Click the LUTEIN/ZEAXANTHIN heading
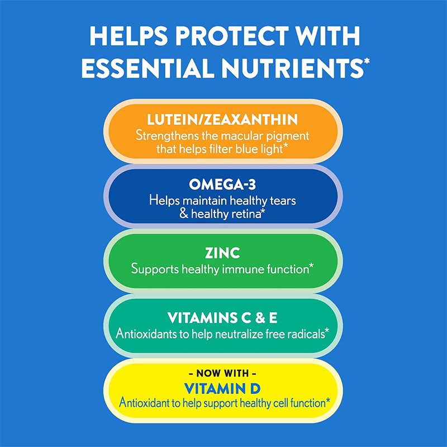point(223,120)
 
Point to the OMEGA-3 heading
point(223,185)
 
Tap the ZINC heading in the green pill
point(223,253)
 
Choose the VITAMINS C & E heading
point(223,318)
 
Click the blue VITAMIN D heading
point(223,387)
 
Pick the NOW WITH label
point(223,373)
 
